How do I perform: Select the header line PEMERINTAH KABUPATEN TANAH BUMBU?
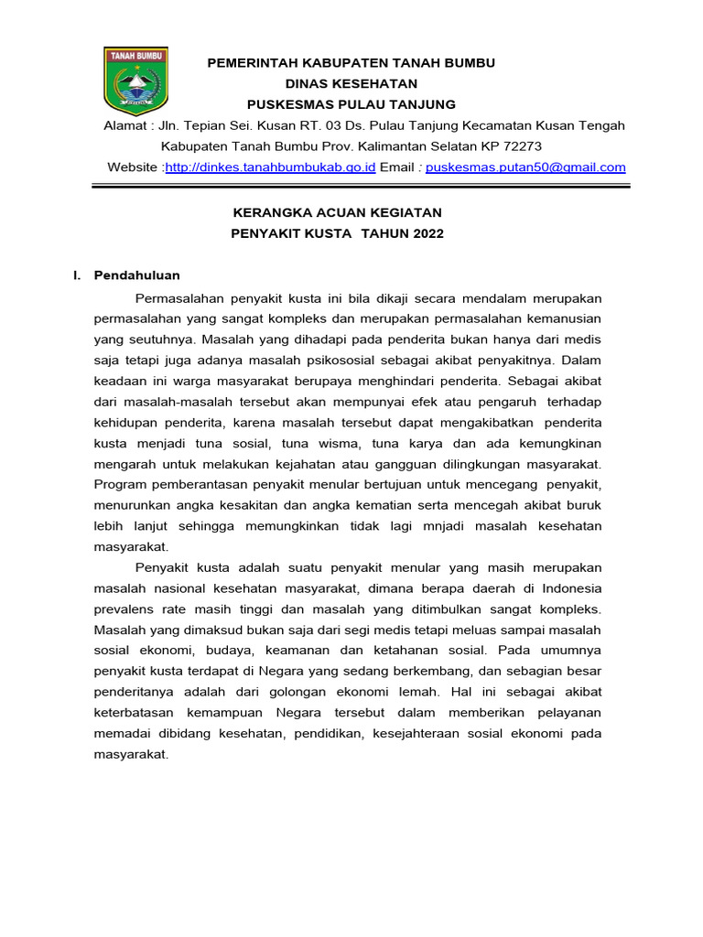coord(351,62)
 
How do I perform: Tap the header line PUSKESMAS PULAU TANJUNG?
coord(351,103)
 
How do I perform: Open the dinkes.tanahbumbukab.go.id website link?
coord(270,167)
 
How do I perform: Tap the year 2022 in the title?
coord(427,233)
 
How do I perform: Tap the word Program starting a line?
coord(121,484)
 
